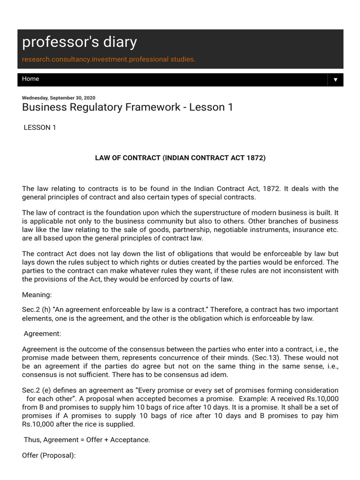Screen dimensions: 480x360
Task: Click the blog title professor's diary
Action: pyautogui.click(x=80, y=43)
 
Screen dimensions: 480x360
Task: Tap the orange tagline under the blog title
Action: pyautogui.click(x=109, y=60)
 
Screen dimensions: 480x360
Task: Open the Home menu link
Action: pyautogui.click(x=30, y=79)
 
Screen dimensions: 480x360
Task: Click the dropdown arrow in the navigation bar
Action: pyautogui.click(x=335, y=80)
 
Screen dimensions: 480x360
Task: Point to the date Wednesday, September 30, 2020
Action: pyautogui.click(x=59, y=97)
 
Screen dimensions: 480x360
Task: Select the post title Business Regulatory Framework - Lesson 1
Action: pyautogui.click(x=127, y=107)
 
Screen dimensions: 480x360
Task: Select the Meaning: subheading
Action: pyautogui.click(x=37, y=295)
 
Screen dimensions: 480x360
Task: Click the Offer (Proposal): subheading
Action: pyautogui.click(x=49, y=456)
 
